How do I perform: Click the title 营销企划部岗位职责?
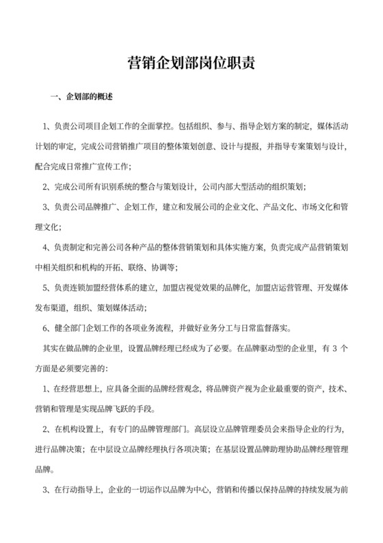click(x=191, y=63)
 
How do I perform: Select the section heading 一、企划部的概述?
click(x=81, y=97)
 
